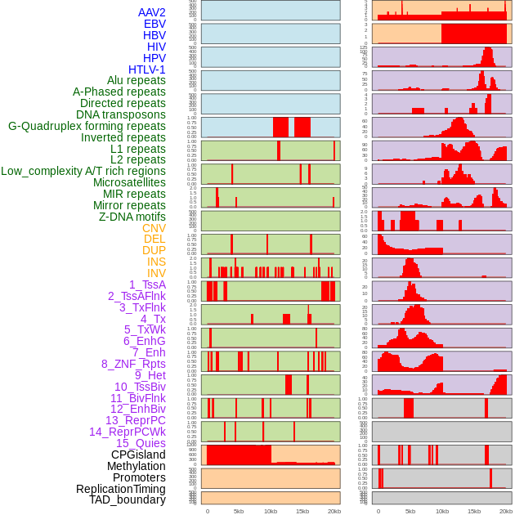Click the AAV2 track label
tap(151, 12)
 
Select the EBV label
tap(154, 24)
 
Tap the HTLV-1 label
tap(146, 69)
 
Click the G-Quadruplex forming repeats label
tap(87, 126)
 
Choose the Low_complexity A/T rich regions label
tap(83, 171)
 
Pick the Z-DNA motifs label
tap(132, 217)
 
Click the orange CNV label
tap(154, 228)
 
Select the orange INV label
tap(156, 273)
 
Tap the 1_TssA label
tap(147, 284)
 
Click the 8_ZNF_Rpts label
tap(133, 364)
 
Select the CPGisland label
tap(138, 455)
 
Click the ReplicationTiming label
tap(121, 489)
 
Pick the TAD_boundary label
tap(127, 499)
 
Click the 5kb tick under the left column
tap(239, 511)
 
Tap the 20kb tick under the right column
tap(506, 511)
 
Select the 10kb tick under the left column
tap(270, 511)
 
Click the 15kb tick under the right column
tap(473, 511)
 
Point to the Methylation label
tap(137, 466)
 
